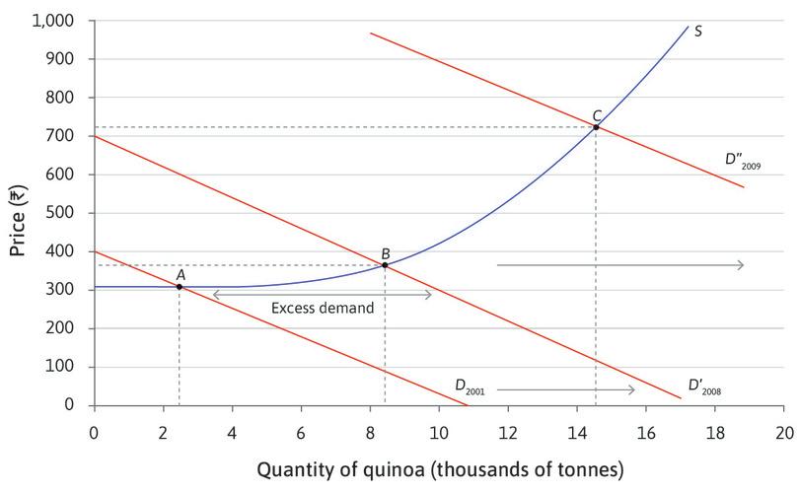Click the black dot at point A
[179, 287]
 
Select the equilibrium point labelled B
[385, 264]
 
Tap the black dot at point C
[596, 127]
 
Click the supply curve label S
[698, 31]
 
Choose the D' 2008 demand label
[705, 386]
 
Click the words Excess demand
[323, 309]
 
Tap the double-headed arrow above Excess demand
[323, 294]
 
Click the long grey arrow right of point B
[619, 265]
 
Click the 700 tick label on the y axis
[64, 136]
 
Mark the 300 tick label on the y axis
[64, 290]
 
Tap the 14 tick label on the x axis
[577, 431]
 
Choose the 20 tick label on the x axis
[784, 431]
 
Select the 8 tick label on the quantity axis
[370, 431]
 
